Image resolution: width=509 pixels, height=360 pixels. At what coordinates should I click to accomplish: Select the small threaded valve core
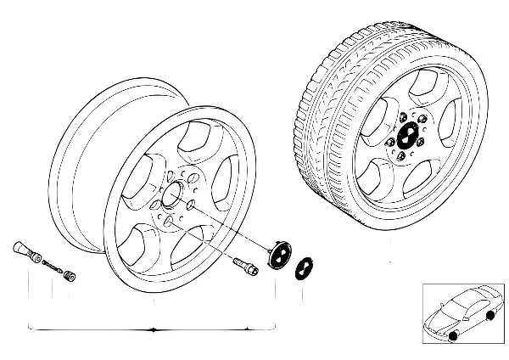point(53,266)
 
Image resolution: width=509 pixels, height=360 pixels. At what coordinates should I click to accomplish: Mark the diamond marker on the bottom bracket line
point(151,328)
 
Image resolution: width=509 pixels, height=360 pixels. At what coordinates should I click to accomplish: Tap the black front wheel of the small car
point(452,336)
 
